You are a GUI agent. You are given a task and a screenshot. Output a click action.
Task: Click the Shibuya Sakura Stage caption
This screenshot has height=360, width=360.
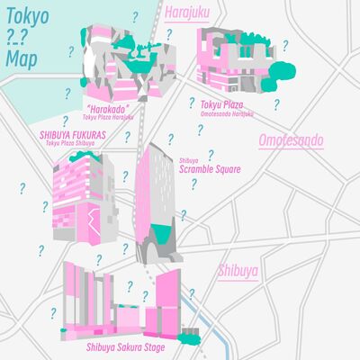[127, 346]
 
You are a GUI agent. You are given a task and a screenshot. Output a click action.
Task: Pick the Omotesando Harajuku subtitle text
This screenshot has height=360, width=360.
[226, 113]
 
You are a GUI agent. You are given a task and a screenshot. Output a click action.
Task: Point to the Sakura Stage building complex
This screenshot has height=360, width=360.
[126, 301]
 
